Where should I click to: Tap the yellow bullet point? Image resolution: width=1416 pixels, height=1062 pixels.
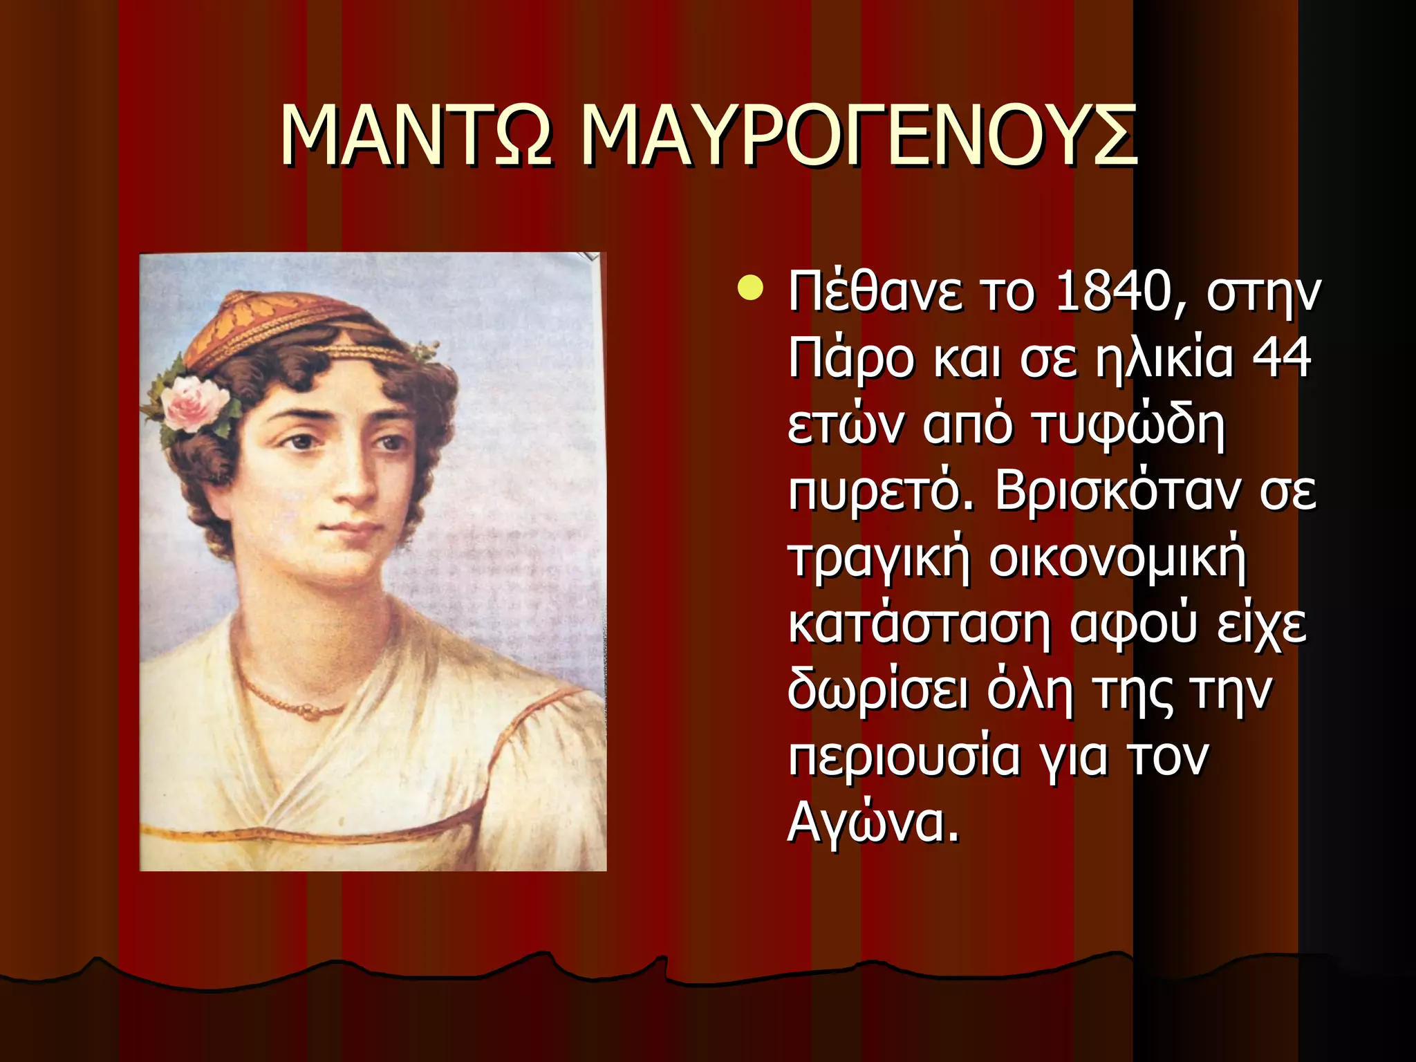751,289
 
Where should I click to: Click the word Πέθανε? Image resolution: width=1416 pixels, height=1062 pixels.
875,292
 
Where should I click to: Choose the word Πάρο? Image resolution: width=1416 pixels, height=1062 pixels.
851,360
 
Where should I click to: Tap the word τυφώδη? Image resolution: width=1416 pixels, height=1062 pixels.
1127,425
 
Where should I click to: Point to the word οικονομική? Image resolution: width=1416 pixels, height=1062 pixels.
1117,557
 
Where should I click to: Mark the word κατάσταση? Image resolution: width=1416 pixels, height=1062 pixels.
919,624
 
